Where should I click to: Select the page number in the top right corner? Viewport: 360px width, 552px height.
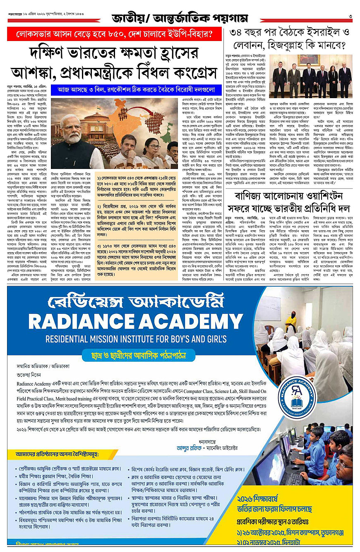pos(350,17)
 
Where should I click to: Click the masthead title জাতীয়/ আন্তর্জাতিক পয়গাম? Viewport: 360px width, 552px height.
pos(180,18)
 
